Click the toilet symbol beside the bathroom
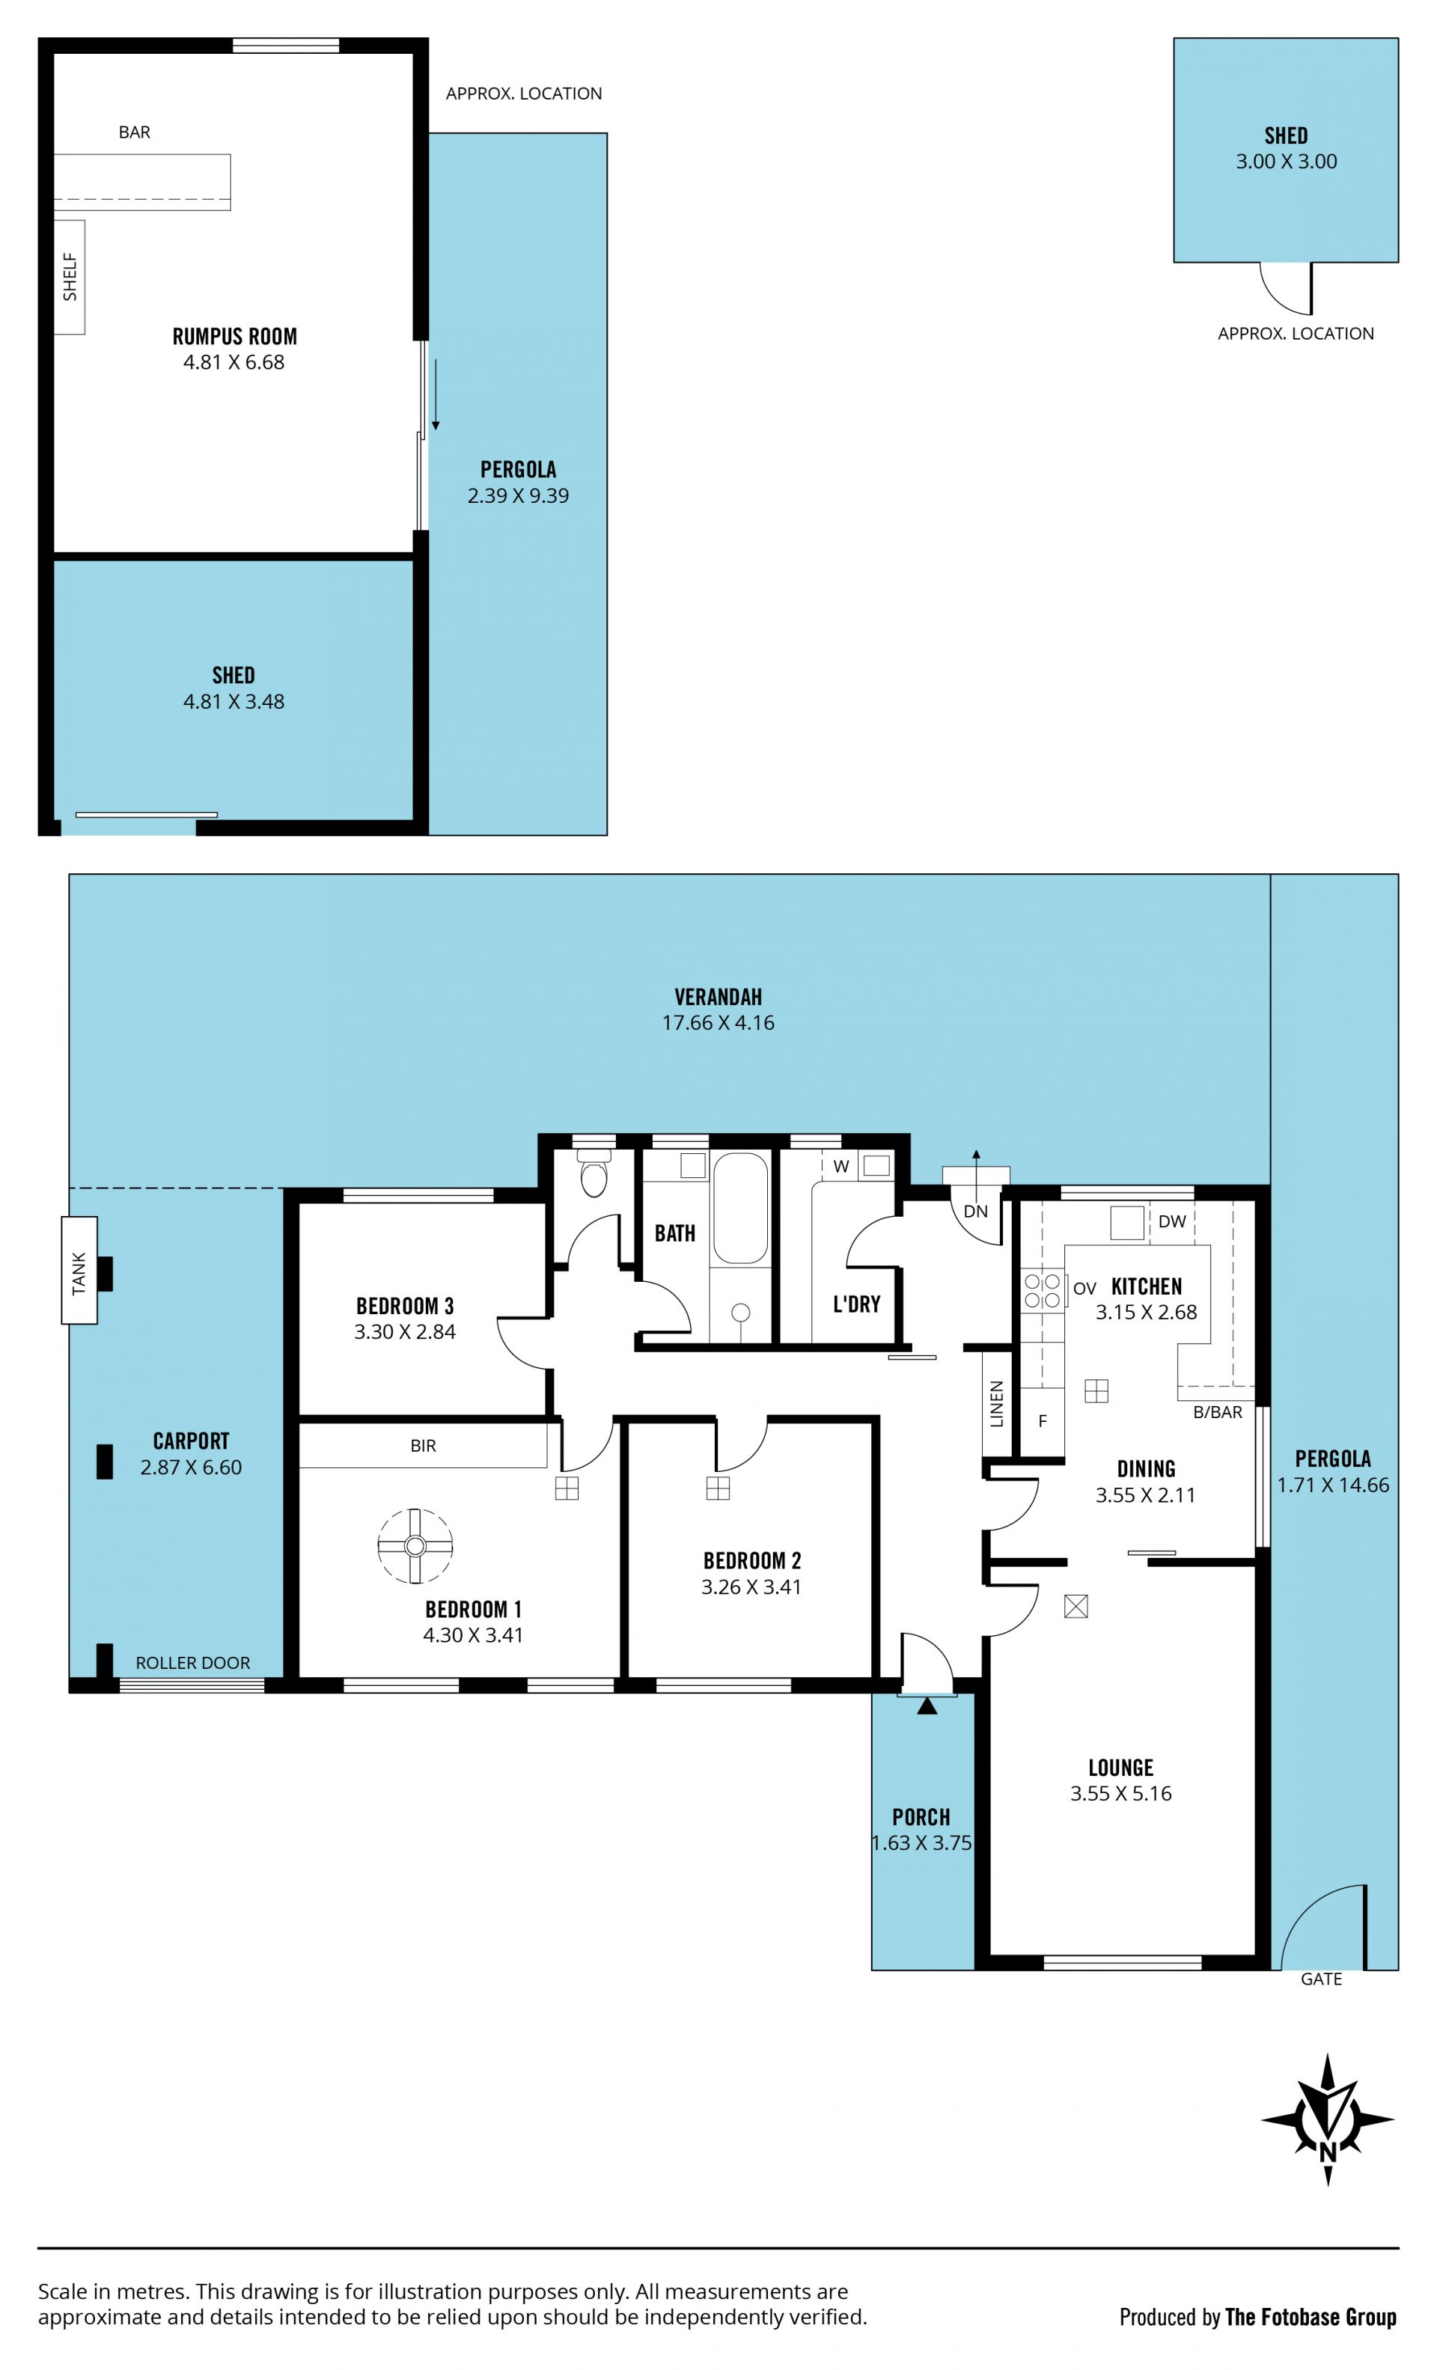594,1172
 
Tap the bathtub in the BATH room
739,1208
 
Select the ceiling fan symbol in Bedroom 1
415,1545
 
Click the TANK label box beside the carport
79,1271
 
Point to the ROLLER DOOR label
192,1663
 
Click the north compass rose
1327,2119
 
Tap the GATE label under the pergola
1320,1979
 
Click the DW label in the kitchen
1171,1221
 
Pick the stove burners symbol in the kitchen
1042,1291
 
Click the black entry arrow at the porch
927,1705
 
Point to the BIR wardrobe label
423,1446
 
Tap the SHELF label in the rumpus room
70,277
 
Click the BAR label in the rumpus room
135,132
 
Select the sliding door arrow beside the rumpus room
435,394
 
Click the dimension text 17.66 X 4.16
718,1022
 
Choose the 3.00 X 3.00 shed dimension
1286,162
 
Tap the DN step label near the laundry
975,1211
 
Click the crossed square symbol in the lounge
1076,1605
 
